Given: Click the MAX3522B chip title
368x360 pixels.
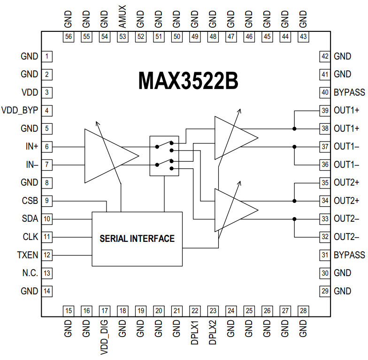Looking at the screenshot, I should tap(188, 81).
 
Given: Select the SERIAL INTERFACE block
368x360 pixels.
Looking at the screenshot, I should tap(137, 239).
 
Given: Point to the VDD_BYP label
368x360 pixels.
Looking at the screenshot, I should tap(20, 111).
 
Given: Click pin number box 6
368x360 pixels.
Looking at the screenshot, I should tap(47, 147).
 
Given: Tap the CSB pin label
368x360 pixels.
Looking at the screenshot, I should tap(30, 201).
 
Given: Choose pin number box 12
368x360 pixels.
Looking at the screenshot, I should tap(47, 255).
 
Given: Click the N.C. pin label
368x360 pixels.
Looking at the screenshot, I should tap(30, 273).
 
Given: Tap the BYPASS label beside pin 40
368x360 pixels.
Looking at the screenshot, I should tap(349, 92).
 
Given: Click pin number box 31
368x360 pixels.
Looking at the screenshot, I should tap(325, 255).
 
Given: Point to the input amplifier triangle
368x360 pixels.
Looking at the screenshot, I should tap(108, 156).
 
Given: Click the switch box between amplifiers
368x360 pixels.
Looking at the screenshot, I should tap(164, 156).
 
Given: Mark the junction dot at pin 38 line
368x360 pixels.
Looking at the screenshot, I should tap(294, 128).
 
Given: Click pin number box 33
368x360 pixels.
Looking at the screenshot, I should tap(325, 219).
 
